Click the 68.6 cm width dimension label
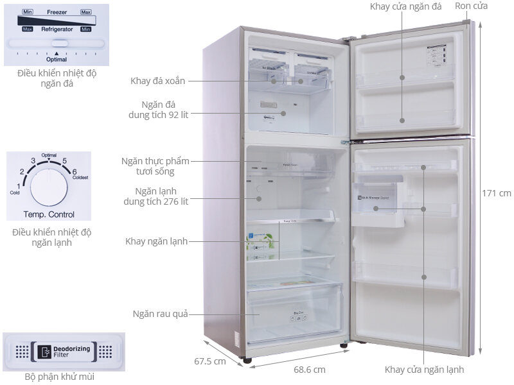pyautogui.click(x=309, y=370)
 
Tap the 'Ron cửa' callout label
pyautogui.click(x=471, y=6)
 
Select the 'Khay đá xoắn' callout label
pyautogui.click(x=157, y=81)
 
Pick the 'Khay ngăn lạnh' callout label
pyautogui.click(x=157, y=241)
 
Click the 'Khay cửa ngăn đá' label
pyautogui.click(x=405, y=6)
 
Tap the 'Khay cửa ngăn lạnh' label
pyautogui.click(x=424, y=370)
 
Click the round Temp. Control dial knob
pyautogui.click(x=49, y=186)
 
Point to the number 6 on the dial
pyautogui.click(x=75, y=171)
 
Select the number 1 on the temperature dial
pyautogui.click(x=18, y=185)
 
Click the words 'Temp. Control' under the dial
pyautogui.click(x=49, y=214)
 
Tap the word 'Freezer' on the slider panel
pyautogui.click(x=57, y=12)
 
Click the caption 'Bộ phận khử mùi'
pyautogui.click(x=60, y=377)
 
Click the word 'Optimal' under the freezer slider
pyautogui.click(x=57, y=59)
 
